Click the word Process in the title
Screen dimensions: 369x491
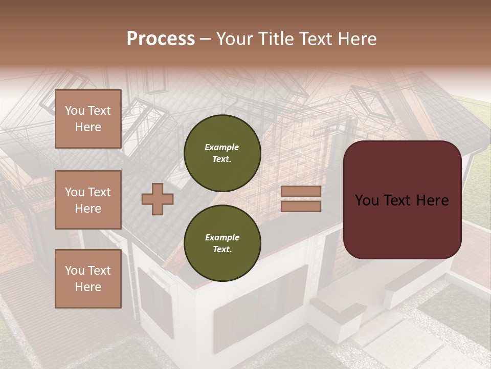pyautogui.click(x=161, y=39)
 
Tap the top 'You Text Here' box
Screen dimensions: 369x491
pyautogui.click(x=88, y=119)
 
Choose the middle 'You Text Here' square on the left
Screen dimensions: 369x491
pyautogui.click(x=88, y=200)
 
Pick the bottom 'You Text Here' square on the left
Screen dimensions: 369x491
pyautogui.click(x=88, y=278)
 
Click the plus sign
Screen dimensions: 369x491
pyautogui.click(x=157, y=198)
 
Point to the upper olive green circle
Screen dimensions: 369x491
pyautogui.click(x=222, y=153)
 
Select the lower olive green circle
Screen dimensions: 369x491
pyautogui.click(x=222, y=243)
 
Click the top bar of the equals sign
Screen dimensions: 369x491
pyautogui.click(x=301, y=192)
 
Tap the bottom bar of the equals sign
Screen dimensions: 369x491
pyautogui.click(x=301, y=206)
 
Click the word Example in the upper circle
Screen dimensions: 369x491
pyautogui.click(x=222, y=147)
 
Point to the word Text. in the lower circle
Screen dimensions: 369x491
pyautogui.click(x=222, y=250)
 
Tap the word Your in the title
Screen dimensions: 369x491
pyautogui.click(x=234, y=39)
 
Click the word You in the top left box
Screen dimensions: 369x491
pyautogui.click(x=75, y=111)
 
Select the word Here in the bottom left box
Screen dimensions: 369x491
pyautogui.click(x=88, y=287)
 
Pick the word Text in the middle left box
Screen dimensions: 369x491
pyautogui.click(x=99, y=192)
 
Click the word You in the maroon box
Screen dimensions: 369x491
pyautogui.click(x=367, y=200)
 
